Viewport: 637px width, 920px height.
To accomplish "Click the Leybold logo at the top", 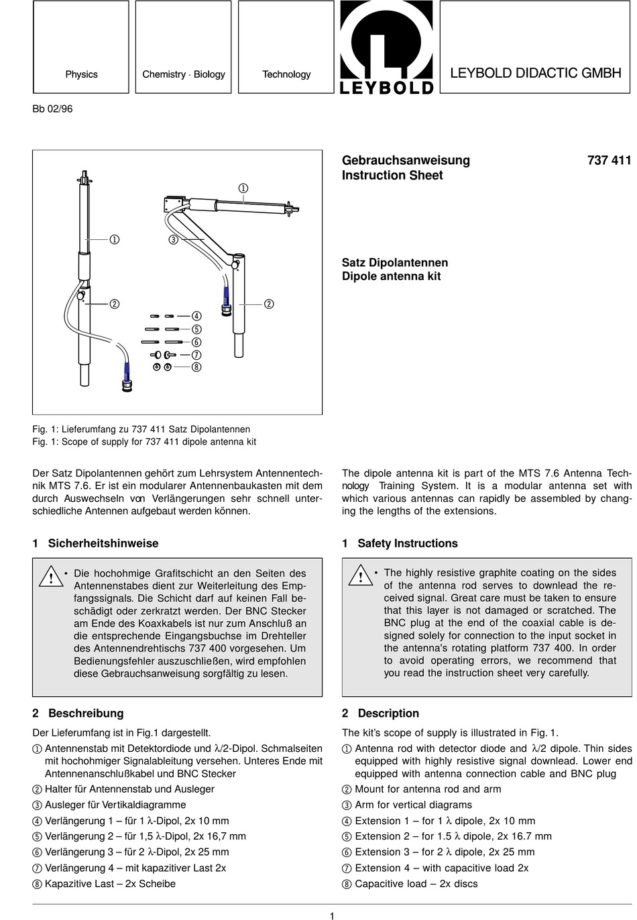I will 387,48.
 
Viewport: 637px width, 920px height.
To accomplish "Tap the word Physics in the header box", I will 81,74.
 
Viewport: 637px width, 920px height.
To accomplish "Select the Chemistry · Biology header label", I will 184,74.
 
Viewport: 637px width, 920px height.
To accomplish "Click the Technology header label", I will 286,74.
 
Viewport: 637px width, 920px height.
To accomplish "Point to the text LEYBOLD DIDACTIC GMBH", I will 535,73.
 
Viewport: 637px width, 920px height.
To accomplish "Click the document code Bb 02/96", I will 52,109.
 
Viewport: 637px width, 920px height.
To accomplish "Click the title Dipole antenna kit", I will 391,276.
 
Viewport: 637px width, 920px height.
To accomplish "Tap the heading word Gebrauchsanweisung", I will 406,160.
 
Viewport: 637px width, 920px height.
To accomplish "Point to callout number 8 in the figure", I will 196,367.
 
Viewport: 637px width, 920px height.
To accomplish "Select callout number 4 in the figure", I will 196,316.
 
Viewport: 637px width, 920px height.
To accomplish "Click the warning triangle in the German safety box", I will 51,577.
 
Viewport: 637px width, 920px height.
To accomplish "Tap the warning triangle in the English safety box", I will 360,576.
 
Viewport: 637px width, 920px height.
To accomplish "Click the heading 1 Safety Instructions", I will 400,543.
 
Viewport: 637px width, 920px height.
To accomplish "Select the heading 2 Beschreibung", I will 78,713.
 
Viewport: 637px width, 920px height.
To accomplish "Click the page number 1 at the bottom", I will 332,916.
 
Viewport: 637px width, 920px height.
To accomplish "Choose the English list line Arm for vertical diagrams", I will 413,805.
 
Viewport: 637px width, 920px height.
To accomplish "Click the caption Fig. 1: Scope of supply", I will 144,442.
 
